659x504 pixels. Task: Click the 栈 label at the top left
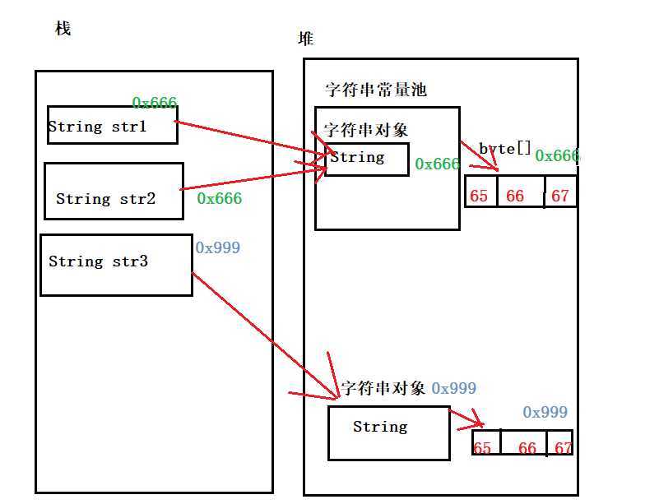click(63, 30)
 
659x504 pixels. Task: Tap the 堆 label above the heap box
click(306, 39)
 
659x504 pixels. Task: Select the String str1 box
click(112, 126)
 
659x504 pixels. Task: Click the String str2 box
click(114, 192)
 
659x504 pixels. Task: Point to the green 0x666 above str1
click(155, 103)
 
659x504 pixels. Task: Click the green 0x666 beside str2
click(219, 198)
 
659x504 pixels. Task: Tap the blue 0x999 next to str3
click(218, 247)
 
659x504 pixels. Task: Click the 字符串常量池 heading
click(375, 90)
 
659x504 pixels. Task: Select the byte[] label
click(504, 149)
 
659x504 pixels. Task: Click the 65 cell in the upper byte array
click(479, 197)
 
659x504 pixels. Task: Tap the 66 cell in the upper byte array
click(515, 197)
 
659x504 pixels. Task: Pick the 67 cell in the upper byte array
click(560, 196)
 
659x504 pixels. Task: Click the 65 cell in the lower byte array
click(482, 448)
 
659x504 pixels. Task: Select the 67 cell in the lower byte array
click(563, 448)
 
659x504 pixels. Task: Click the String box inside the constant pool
click(367, 159)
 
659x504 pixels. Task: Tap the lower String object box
click(388, 432)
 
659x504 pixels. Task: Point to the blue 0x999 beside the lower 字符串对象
click(453, 388)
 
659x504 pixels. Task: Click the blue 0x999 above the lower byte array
click(545, 412)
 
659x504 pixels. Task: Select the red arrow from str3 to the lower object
click(263, 329)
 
